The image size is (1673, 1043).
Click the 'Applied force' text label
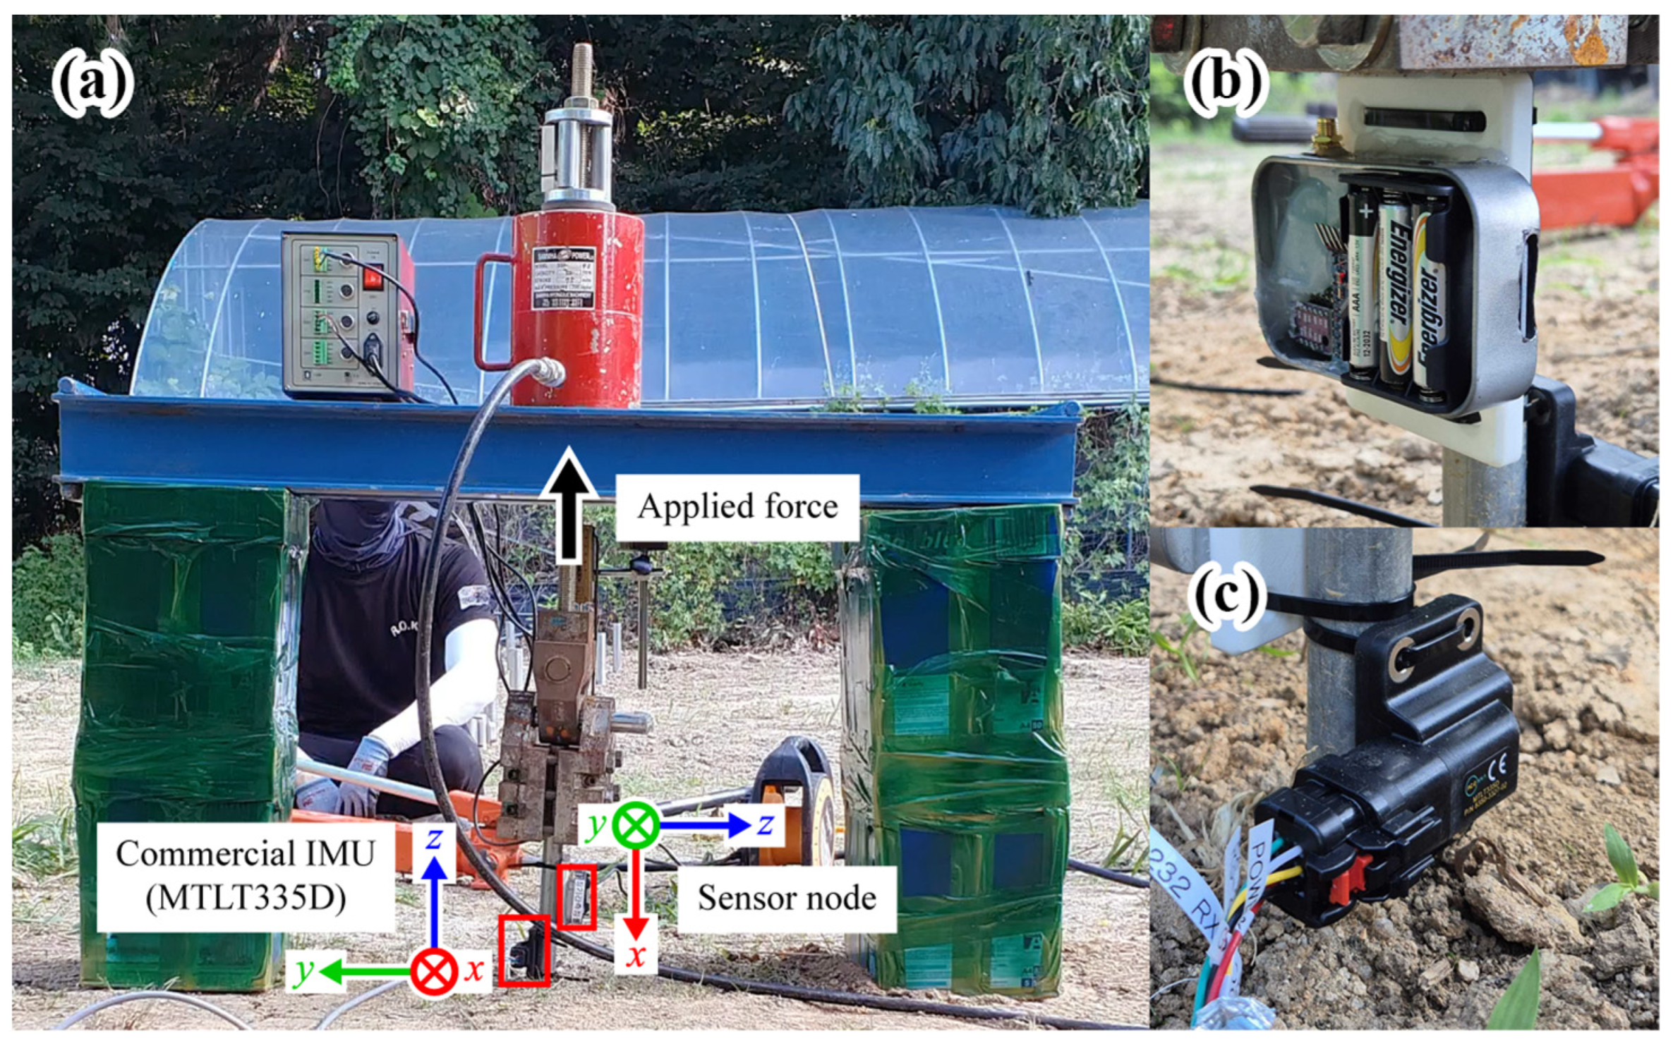(737, 507)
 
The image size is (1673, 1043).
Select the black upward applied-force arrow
(569, 504)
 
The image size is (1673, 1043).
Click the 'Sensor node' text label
(787, 898)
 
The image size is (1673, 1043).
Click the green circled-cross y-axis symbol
(635, 824)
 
